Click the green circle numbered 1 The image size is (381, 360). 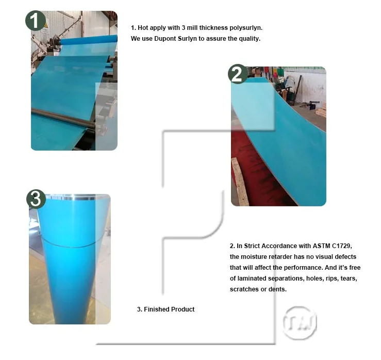[x=35, y=21]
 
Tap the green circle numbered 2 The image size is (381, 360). [x=237, y=74]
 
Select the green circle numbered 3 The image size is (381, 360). [x=36, y=199]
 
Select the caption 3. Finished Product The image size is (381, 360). [x=165, y=309]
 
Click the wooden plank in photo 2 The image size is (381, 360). [x=239, y=182]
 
